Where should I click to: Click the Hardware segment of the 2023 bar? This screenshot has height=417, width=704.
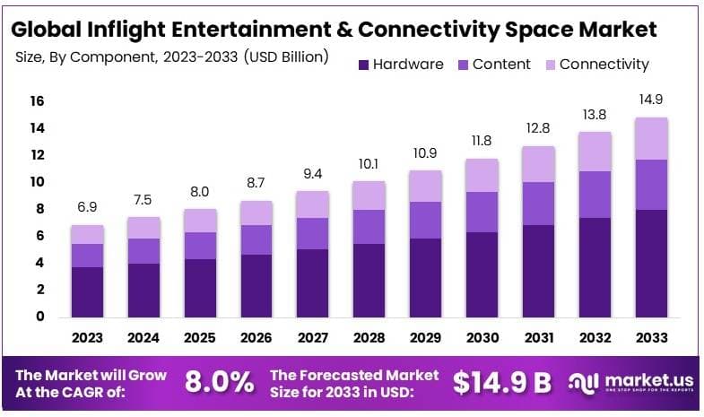point(88,291)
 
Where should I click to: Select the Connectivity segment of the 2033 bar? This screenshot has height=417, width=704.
point(651,138)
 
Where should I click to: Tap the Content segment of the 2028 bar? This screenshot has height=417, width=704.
point(369,227)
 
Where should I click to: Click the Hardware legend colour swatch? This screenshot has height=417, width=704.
point(362,65)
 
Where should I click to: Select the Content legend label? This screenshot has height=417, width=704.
point(501,65)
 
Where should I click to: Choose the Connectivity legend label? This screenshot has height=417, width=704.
point(604,65)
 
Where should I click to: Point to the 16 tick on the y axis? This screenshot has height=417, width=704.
point(37,101)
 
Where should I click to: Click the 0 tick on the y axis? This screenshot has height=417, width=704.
point(40,317)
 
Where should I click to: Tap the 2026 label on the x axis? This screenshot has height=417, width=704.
point(257,338)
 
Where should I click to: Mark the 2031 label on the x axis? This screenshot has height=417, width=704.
point(539,338)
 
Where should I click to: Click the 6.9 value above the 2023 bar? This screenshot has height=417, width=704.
point(88,207)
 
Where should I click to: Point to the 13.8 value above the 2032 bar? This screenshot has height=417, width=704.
point(595,114)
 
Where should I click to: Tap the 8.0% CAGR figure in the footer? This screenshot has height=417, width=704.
point(219,382)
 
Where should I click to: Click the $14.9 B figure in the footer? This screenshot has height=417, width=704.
point(501,382)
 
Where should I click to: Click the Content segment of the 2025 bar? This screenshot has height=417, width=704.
point(201,246)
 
